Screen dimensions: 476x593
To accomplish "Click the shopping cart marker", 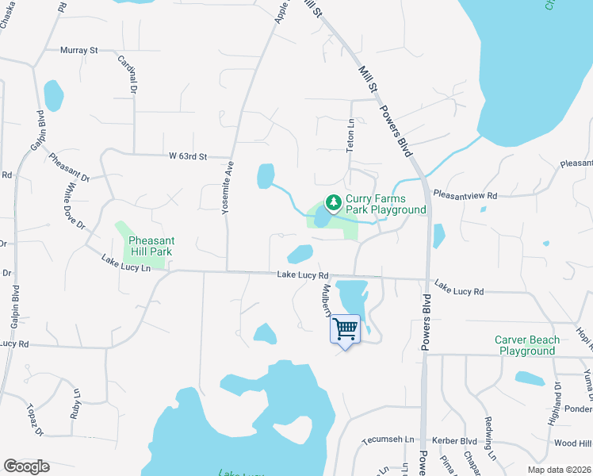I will [x=345, y=328].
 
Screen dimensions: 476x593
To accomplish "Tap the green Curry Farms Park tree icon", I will [x=334, y=204].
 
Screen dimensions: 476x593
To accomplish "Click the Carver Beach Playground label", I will [x=527, y=345].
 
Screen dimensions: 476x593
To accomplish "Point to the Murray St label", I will [x=78, y=50].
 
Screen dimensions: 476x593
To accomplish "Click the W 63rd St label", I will [x=187, y=156].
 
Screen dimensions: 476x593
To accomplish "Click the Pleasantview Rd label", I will [x=465, y=194].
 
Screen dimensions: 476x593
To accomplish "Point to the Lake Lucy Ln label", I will [x=126, y=263].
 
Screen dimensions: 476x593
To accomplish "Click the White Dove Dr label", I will [x=75, y=205].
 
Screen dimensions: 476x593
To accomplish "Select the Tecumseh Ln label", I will [x=388, y=440].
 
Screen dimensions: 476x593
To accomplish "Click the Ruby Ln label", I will [x=77, y=402].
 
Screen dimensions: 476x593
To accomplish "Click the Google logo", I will [x=26, y=466].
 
